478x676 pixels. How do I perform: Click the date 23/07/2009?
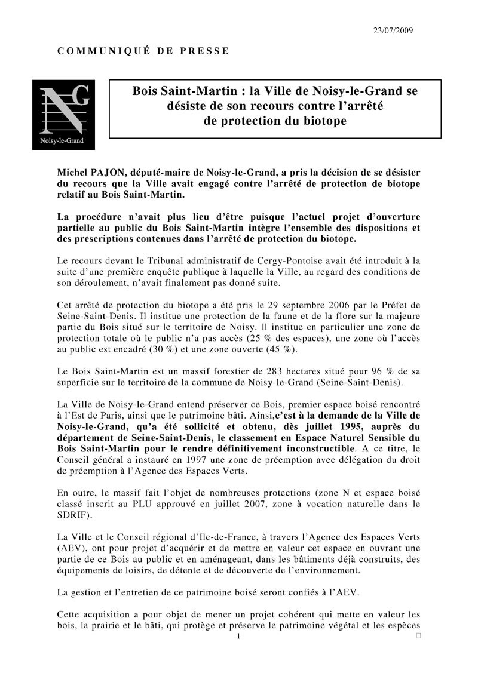pos(393,30)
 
